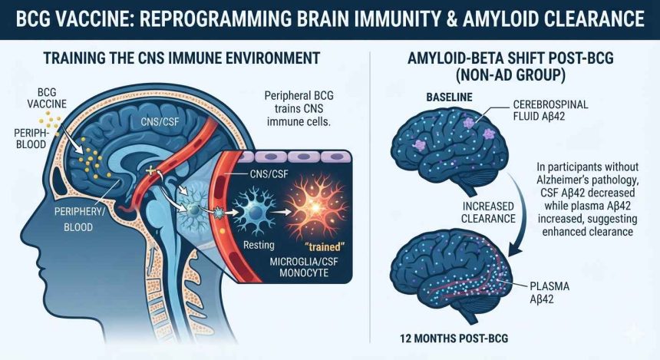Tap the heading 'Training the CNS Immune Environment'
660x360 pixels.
182,58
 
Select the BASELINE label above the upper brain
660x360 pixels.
449,97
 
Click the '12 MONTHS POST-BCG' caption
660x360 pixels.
454,338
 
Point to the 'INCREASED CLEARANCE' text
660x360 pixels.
488,213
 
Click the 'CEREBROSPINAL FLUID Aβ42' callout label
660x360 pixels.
550,110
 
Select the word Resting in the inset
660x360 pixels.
259,245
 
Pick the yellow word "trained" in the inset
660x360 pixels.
324,246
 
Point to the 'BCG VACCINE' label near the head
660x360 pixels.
47,98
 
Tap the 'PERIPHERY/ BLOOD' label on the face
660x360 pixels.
79,219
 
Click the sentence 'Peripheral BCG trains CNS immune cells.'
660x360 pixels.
299,109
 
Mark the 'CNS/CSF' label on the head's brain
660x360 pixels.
160,122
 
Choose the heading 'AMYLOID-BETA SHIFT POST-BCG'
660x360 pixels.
510,58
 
